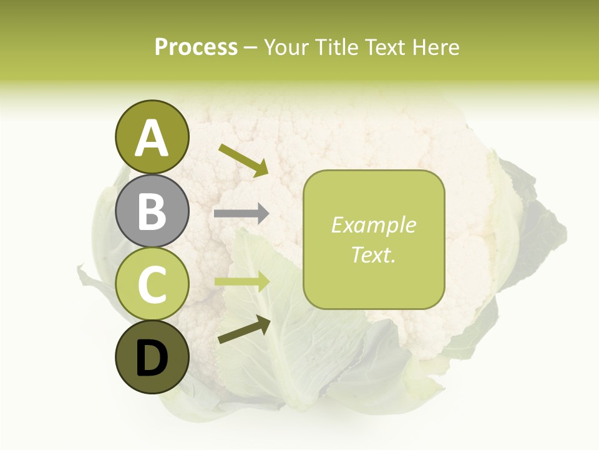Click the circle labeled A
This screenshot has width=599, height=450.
pyautogui.click(x=152, y=137)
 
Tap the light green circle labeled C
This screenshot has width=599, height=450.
pyautogui.click(x=152, y=284)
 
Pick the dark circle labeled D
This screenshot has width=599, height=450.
pyautogui.click(x=152, y=357)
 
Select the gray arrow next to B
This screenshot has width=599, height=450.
pyautogui.click(x=241, y=214)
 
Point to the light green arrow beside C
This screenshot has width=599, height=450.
pyautogui.click(x=242, y=282)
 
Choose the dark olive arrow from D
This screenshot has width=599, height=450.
pyautogui.click(x=244, y=330)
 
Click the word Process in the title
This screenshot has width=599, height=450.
pyautogui.click(x=196, y=47)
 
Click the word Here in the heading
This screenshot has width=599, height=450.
pyautogui.click(x=435, y=47)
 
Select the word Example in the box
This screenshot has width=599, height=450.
pyautogui.click(x=374, y=225)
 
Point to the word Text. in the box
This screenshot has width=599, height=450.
pyautogui.click(x=374, y=254)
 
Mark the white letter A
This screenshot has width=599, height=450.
pyautogui.click(x=152, y=138)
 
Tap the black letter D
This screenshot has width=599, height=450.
pyautogui.click(x=152, y=359)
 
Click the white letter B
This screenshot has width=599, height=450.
pyautogui.click(x=152, y=211)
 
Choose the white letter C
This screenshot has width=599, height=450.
pyautogui.click(x=152, y=284)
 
